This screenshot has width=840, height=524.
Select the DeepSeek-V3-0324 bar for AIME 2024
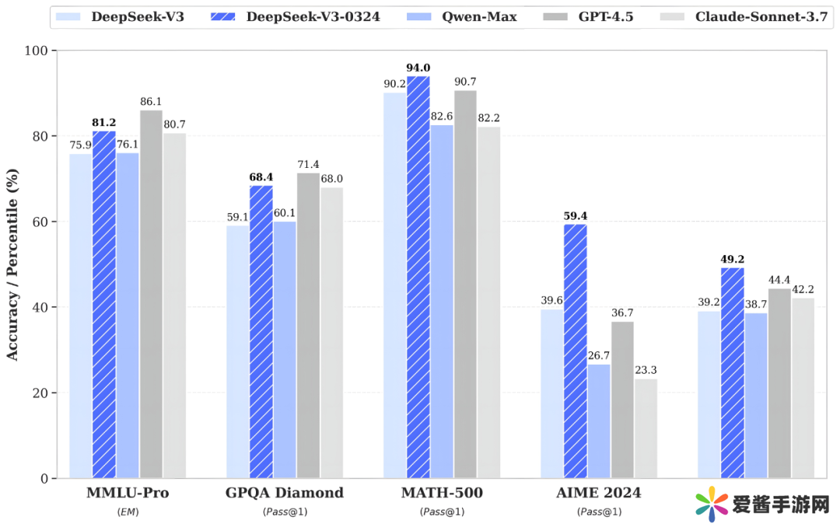tap(575, 351)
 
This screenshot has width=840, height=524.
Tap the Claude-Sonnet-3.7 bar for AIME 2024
tap(646, 428)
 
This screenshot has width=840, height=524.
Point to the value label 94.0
tap(418, 68)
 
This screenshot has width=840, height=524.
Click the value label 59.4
tap(575, 216)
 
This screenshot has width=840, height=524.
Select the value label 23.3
tap(646, 371)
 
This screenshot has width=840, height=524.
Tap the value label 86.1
tap(151, 102)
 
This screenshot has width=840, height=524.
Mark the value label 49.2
tap(732, 260)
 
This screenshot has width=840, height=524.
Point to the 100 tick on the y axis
tap(37, 51)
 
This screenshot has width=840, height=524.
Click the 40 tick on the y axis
tap(40, 307)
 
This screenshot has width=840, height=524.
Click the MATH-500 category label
tap(442, 493)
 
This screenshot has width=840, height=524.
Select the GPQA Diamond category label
tap(285, 493)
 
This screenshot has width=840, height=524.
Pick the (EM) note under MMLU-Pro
tap(128, 512)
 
